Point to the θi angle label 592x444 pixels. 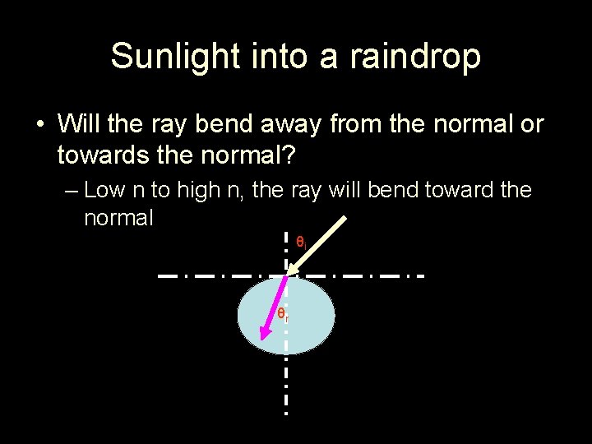pos(301,242)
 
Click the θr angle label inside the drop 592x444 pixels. pos(282,313)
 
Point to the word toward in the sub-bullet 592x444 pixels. pos(458,191)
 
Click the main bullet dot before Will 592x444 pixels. pos(39,125)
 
